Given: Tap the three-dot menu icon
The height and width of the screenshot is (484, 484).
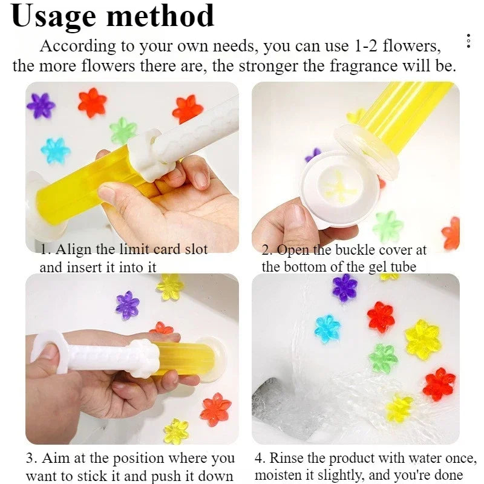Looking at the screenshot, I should pyautogui.click(x=468, y=42).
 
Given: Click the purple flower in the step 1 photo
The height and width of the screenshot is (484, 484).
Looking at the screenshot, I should pyautogui.click(x=41, y=105).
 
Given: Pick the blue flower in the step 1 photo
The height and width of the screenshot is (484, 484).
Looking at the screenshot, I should pyautogui.click(x=55, y=150).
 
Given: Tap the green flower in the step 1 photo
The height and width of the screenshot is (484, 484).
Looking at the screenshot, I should pyautogui.click(x=123, y=131).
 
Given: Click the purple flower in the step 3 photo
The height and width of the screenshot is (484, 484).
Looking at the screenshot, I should pyautogui.click(x=128, y=305).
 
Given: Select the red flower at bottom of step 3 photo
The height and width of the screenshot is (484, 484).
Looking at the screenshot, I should pyautogui.click(x=215, y=409).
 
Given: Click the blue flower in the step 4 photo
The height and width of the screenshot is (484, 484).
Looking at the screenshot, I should pyautogui.click(x=327, y=328).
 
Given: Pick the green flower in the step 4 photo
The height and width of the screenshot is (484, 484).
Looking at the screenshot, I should pyautogui.click(x=383, y=358).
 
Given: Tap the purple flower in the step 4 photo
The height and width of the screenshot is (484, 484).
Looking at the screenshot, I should pyautogui.click(x=345, y=287).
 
